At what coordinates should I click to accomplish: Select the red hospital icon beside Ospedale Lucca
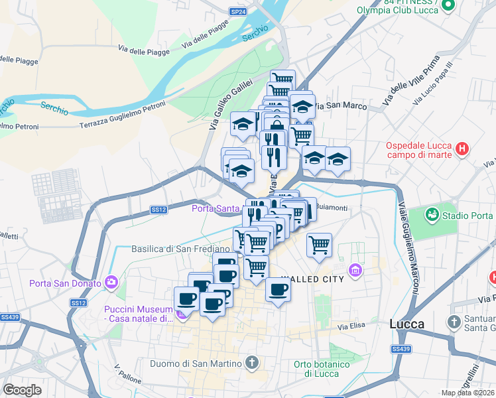click(463, 151)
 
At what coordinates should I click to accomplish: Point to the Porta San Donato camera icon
click(110, 283)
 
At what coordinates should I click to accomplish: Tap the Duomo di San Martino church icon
click(251, 362)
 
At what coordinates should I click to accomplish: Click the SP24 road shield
click(238, 11)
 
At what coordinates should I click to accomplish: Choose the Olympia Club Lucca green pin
click(448, 5)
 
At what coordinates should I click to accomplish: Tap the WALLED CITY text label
click(313, 279)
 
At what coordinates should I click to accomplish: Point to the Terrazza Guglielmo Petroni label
click(122, 124)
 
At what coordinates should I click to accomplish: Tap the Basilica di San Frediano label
click(180, 249)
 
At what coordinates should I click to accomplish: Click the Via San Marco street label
click(340, 106)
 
